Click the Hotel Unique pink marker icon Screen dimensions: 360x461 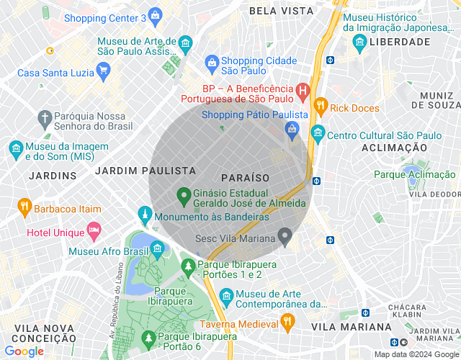point(94,231)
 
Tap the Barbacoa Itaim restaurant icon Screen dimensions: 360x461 point(24,207)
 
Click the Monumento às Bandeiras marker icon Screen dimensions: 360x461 point(145,215)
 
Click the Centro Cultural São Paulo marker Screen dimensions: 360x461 point(318,135)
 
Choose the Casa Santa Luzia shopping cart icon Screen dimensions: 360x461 point(103,71)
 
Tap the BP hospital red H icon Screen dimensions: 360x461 point(302,91)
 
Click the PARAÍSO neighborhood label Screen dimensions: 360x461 point(245,177)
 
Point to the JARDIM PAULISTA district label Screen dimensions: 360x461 point(146,171)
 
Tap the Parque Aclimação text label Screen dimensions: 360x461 point(415,174)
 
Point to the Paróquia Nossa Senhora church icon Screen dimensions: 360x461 point(45,117)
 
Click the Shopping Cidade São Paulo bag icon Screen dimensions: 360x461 point(212,63)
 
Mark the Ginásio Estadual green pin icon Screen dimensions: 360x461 point(184,195)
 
